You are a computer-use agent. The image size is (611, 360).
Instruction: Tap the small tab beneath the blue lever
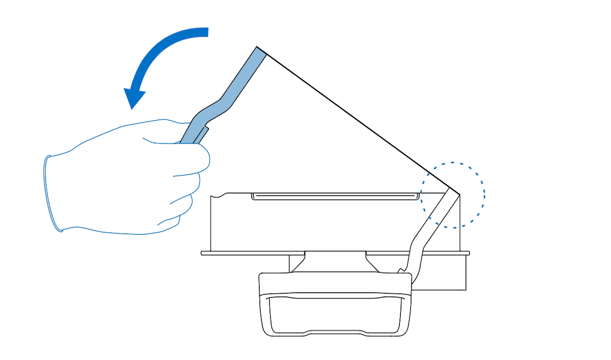[202, 135]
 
